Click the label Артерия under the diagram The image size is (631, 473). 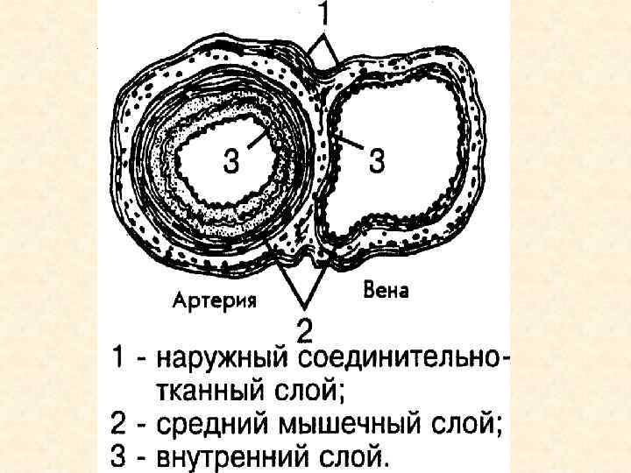pos(215,301)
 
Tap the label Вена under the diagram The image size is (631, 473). pos(386,290)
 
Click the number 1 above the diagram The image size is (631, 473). pos(323,15)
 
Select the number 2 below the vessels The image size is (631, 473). pos(304,332)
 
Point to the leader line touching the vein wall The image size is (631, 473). pos(350,145)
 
